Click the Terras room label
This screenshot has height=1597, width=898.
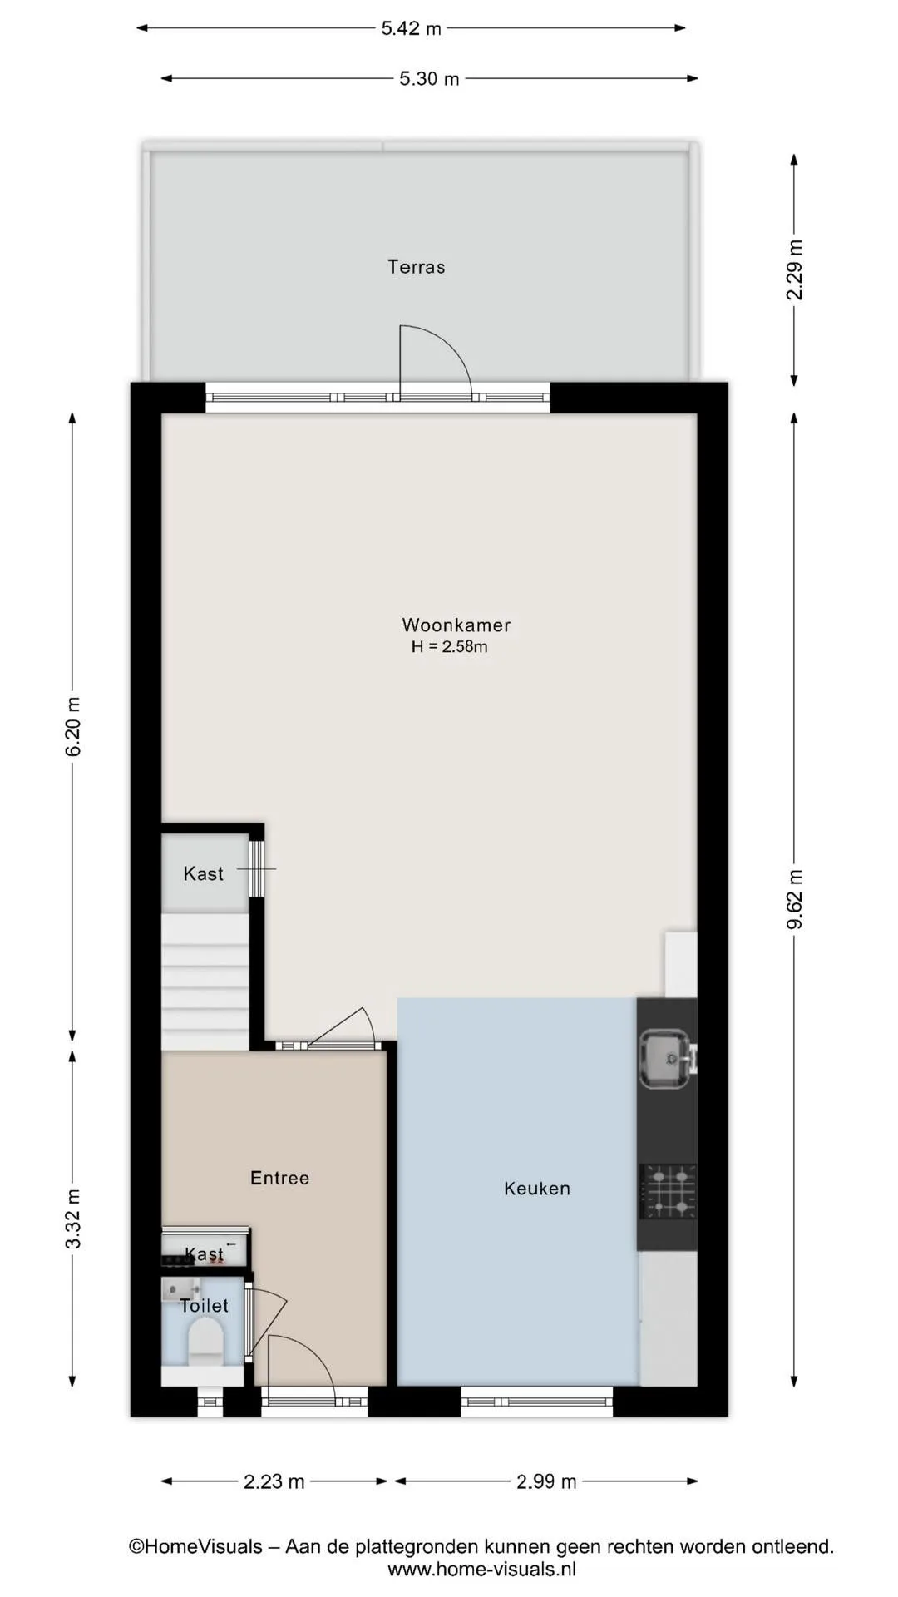coord(417,267)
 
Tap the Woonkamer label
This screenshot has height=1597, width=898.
coord(456,625)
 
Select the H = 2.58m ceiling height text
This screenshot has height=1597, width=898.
coord(449,646)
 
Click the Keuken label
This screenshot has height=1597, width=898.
coord(537,1189)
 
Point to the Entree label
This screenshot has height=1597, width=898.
coord(279,1178)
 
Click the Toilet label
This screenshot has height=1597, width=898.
coord(204,1306)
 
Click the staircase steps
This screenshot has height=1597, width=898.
coord(205,981)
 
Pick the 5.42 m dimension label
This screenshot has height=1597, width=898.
coord(411,28)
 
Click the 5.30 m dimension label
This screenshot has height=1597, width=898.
coord(429,79)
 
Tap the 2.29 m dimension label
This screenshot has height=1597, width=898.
coord(795,269)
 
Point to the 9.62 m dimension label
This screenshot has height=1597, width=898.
coord(795,899)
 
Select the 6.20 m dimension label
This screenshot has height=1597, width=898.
coord(73,726)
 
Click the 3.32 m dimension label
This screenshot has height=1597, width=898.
coord(73,1219)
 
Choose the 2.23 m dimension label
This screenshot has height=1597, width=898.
coord(274,1481)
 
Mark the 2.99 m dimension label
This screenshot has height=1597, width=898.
coord(546,1481)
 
